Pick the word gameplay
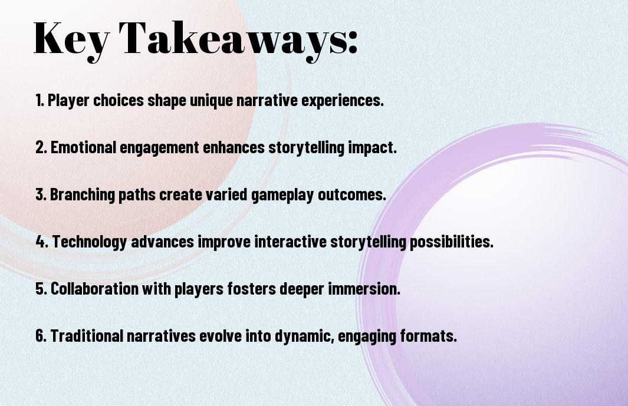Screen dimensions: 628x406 (282, 195)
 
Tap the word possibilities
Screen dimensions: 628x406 (451, 242)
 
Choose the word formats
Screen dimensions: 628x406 (428, 336)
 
